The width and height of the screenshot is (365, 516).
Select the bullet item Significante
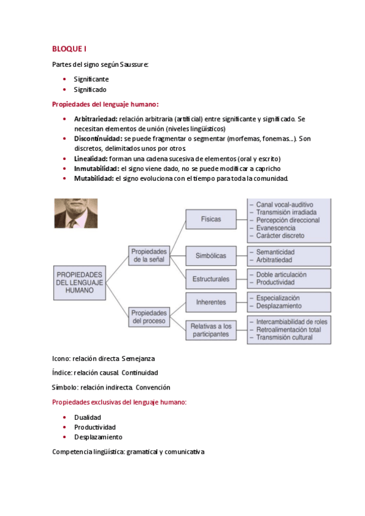coord(91,79)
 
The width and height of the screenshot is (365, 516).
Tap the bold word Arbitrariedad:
coord(96,119)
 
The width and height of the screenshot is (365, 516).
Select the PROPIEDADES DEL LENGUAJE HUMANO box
coord(80,282)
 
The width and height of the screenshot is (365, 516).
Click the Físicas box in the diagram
coord(210,218)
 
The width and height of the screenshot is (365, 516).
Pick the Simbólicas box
coord(210,256)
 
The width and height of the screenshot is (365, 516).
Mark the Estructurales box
coord(210,279)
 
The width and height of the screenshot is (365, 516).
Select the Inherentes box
coord(211,302)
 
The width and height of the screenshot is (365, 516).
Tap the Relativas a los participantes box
coord(211,330)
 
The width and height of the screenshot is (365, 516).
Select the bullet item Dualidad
coord(88,417)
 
